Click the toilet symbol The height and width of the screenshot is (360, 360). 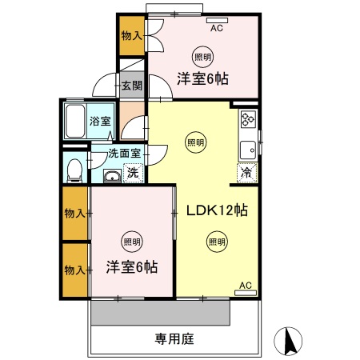point(74,169)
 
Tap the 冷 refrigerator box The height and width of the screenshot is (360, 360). point(246,172)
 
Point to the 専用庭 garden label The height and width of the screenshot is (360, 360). point(174,339)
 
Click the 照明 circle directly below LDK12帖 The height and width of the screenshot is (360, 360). point(216,241)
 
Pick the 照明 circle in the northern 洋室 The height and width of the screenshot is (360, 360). point(202,57)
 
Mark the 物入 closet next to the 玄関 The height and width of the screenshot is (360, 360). point(131,35)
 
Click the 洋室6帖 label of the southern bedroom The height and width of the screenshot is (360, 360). point(132,266)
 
